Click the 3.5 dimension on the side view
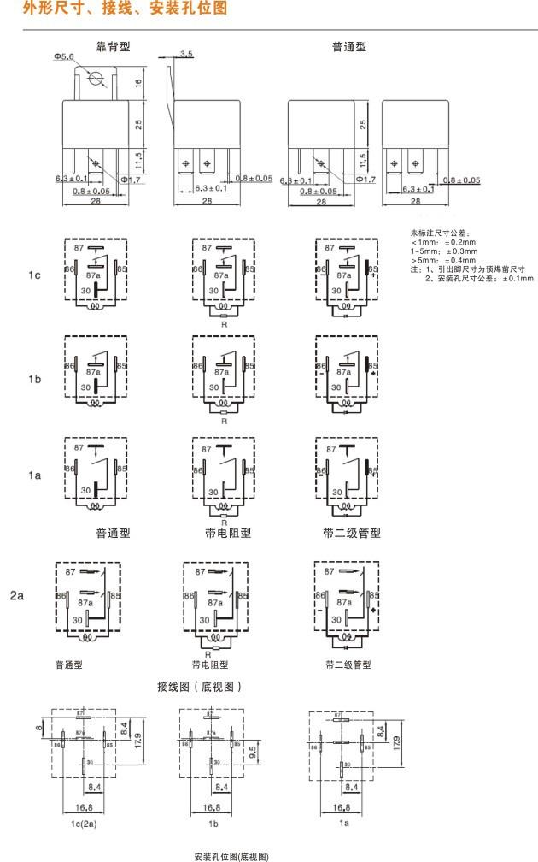[186, 54]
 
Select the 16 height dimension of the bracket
[137, 84]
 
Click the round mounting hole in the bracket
[96, 78]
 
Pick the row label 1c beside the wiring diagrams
[33, 276]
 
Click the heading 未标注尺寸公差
[440, 233]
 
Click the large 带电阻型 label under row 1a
[228, 533]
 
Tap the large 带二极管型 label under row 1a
[352, 533]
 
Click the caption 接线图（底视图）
[201, 686]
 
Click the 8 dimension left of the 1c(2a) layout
[38, 728]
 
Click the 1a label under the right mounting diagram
[345, 823]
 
